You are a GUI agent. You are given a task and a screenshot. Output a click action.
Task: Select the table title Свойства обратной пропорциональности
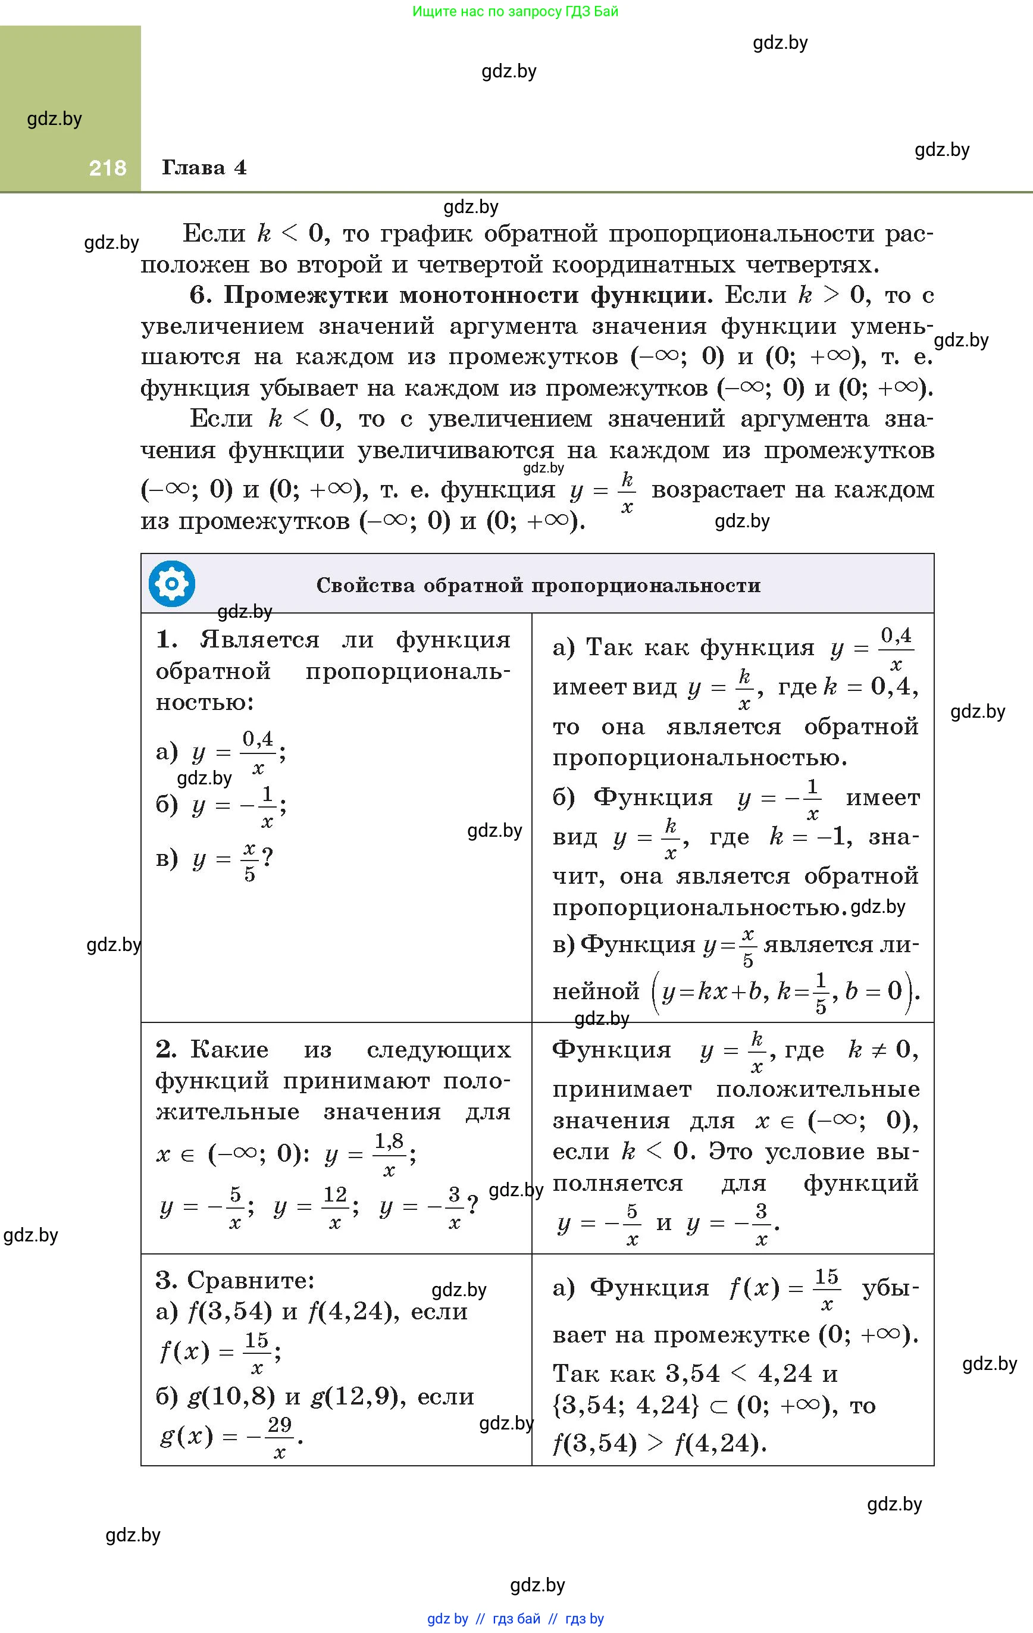538,585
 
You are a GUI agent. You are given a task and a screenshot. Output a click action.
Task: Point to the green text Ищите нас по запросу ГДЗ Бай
515,11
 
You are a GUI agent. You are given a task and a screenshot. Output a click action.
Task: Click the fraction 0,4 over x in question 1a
258,752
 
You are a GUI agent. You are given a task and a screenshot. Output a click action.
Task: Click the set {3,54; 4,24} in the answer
625,1405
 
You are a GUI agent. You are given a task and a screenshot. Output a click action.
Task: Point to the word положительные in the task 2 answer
818,1089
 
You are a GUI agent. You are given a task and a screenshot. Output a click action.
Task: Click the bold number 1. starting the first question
167,640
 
